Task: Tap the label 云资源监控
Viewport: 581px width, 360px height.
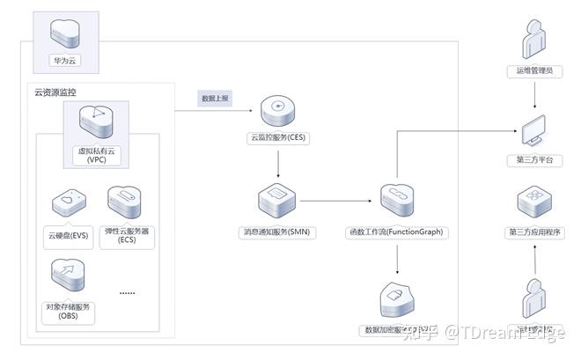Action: tap(56, 92)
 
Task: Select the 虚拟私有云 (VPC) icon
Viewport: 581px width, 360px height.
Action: tap(96, 122)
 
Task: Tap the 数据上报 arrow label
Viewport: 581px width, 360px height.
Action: tap(215, 99)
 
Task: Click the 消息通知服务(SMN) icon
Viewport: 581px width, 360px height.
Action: tap(277, 202)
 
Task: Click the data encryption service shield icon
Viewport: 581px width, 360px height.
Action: tap(398, 300)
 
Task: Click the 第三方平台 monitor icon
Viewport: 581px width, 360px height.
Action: tap(535, 130)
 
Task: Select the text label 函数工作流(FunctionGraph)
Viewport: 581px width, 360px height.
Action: tap(396, 232)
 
